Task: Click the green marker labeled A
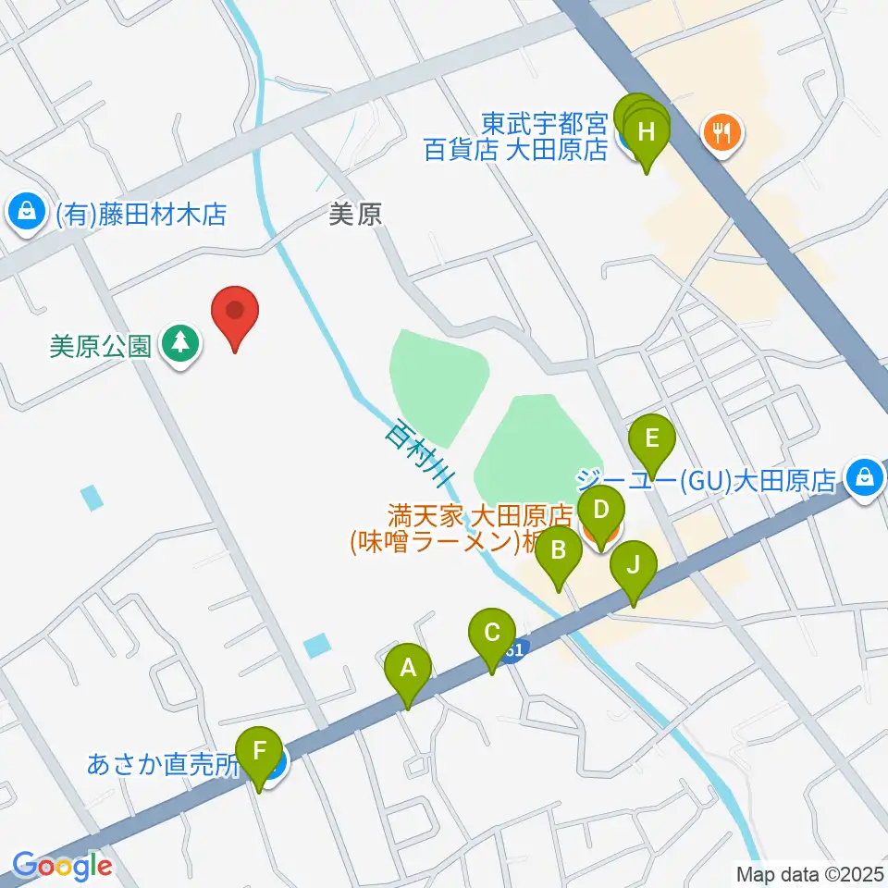[x=408, y=669]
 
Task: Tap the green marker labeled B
[x=559, y=553]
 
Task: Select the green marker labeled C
[x=492, y=635]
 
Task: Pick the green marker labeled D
[x=601, y=512]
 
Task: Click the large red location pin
[x=235, y=312]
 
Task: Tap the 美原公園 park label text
[x=100, y=346]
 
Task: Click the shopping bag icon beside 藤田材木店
[x=29, y=214]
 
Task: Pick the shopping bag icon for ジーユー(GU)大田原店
[x=863, y=478]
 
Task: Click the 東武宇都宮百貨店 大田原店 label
[x=515, y=135]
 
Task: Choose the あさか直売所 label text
[x=163, y=766]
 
